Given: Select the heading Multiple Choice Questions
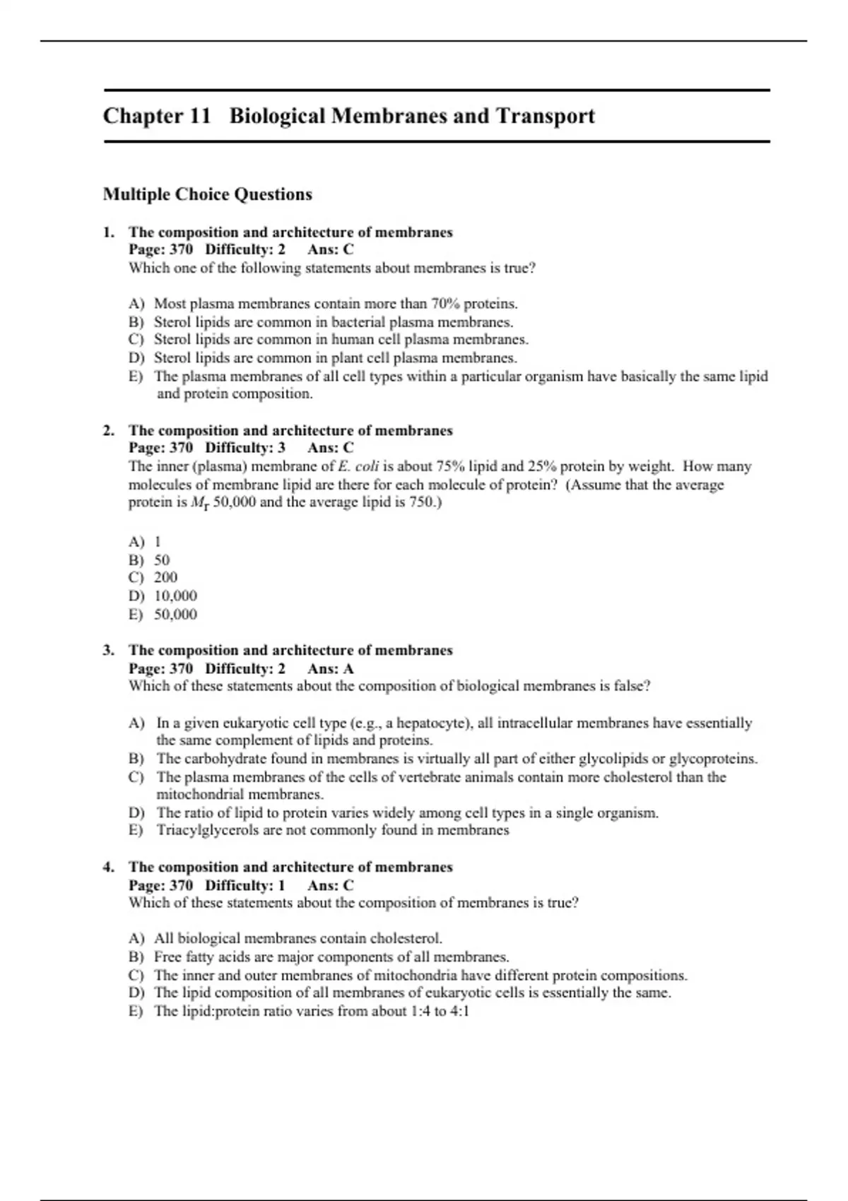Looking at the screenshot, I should (207, 194).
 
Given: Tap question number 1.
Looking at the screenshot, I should (108, 232).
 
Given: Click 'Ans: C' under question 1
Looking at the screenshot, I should (331, 249).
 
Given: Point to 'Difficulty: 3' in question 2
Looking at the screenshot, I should (245, 448).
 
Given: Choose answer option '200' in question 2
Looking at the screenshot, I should (166, 577).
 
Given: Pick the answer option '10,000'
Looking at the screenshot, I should (175, 596).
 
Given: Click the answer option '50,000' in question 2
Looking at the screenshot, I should (175, 615).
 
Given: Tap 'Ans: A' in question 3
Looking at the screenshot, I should (331, 668).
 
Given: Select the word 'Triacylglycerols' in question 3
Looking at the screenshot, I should (208, 830).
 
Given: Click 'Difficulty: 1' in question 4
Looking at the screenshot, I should (245, 885).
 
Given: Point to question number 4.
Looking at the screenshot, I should (108, 868).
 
